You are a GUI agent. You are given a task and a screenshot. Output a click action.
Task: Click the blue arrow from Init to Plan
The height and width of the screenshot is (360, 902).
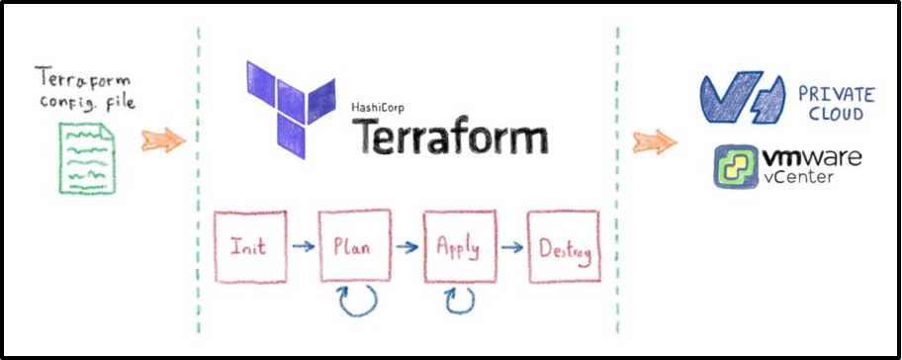tap(304, 246)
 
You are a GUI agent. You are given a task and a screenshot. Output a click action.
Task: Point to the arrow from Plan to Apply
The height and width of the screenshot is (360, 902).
tap(407, 247)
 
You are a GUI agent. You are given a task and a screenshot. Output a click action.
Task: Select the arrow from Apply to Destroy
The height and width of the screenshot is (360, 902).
tap(512, 247)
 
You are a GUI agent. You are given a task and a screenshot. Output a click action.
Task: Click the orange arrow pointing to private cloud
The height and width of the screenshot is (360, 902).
tap(655, 141)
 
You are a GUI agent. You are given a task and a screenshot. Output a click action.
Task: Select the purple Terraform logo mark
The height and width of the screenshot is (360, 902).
tap(291, 109)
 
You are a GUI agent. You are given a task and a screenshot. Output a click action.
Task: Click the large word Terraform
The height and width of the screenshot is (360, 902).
tap(450, 135)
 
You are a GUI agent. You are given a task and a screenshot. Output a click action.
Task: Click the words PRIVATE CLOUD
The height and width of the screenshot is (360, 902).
tap(836, 103)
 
